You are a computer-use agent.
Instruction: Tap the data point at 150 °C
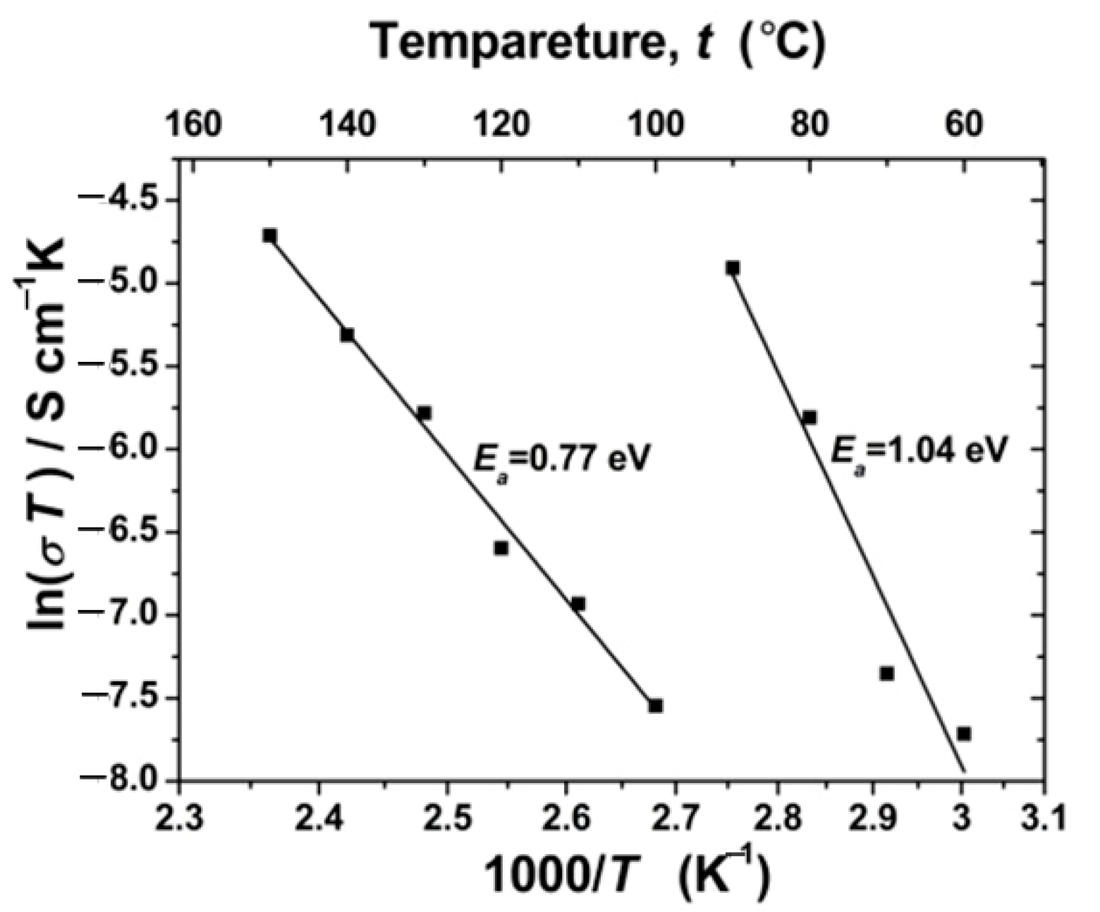(x=269, y=236)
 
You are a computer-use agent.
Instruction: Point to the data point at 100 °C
(x=655, y=705)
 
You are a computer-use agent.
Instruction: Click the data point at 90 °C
(x=733, y=268)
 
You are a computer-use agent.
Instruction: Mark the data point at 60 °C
(x=964, y=734)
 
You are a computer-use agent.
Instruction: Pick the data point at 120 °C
(x=501, y=548)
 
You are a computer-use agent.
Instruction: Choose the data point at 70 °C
(x=887, y=674)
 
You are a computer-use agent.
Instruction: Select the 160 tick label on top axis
(x=192, y=125)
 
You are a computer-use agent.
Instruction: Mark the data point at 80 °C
(x=809, y=418)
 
